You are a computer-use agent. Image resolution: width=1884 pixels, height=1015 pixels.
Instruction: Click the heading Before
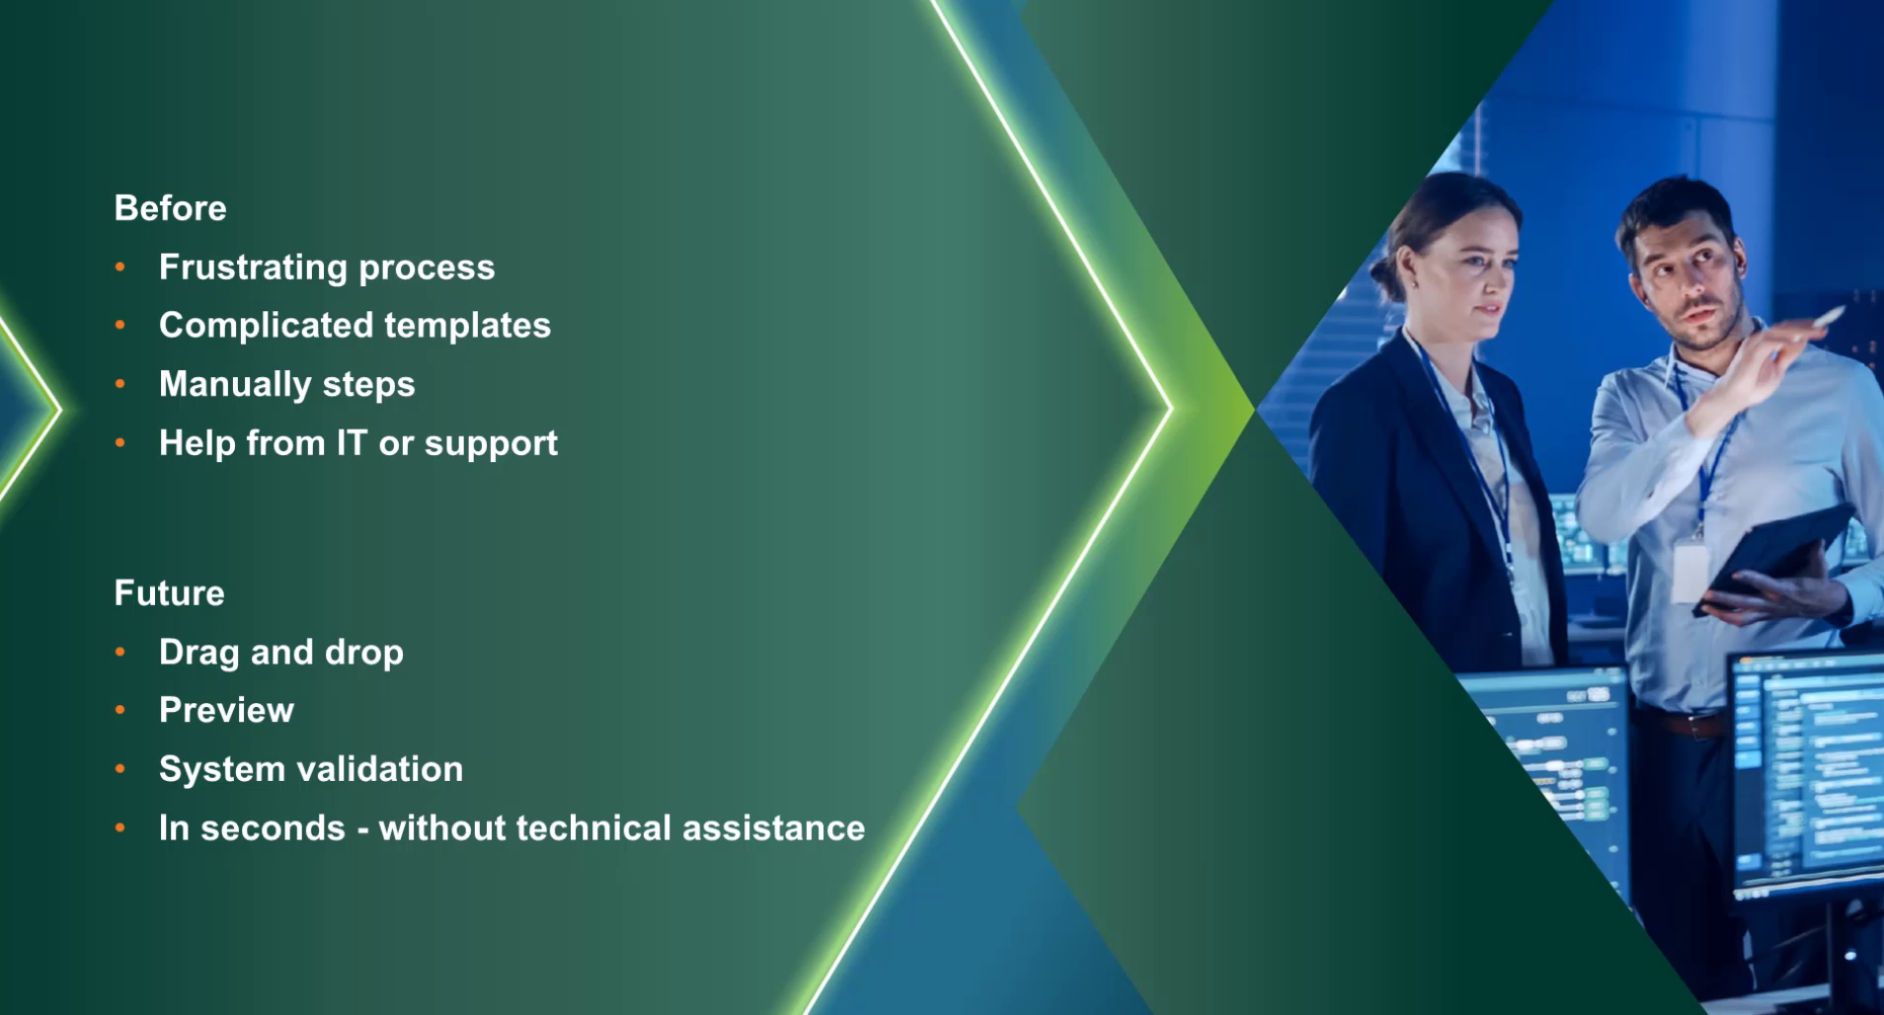click(170, 208)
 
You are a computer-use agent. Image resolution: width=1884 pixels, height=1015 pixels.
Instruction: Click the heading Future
click(169, 593)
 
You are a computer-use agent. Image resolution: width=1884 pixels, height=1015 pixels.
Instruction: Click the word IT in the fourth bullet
click(352, 442)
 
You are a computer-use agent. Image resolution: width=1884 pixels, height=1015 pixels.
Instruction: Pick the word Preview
click(226, 710)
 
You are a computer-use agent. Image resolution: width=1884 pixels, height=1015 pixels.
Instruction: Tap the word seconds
click(273, 828)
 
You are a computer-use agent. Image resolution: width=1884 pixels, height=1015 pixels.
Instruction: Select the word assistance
click(773, 828)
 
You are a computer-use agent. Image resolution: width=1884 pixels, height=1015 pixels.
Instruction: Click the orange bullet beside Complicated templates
click(120, 325)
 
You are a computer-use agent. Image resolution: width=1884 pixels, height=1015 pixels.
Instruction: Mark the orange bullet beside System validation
click(120, 768)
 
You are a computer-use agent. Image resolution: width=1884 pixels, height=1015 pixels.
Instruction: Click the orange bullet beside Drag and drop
click(120, 652)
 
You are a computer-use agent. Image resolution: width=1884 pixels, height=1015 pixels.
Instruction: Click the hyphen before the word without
click(362, 831)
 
